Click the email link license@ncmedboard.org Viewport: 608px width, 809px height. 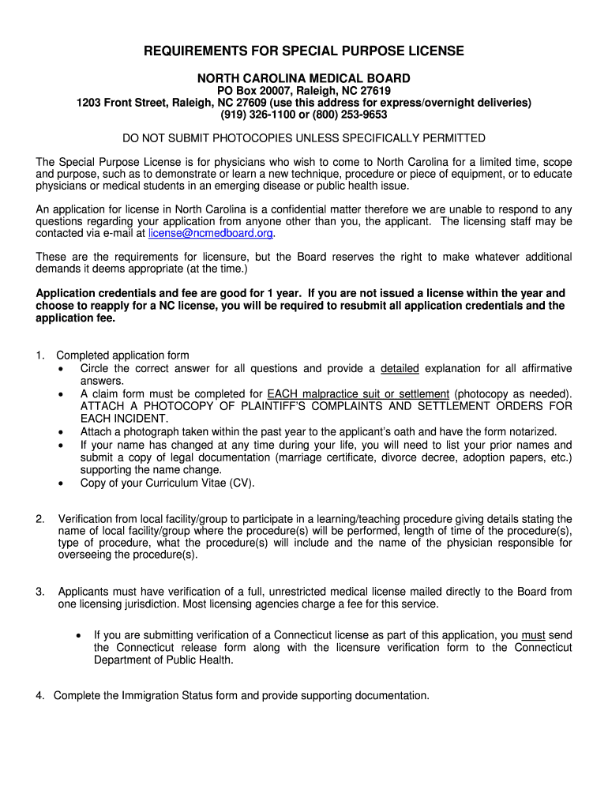[211, 234]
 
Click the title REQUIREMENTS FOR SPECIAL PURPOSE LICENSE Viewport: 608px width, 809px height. [304, 51]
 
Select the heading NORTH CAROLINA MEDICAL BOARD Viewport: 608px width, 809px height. [304, 78]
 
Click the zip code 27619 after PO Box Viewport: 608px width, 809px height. [375, 91]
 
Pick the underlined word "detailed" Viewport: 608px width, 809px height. [400, 369]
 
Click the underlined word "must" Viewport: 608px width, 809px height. [534, 635]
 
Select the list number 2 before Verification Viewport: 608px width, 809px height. [39, 519]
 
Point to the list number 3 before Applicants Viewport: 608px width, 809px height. [39, 592]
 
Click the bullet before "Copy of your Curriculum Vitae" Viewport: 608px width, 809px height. [62, 484]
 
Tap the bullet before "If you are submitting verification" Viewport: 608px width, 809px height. [77, 636]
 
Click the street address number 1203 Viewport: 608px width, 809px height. [90, 103]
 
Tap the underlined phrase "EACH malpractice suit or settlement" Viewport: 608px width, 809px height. [358, 394]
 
